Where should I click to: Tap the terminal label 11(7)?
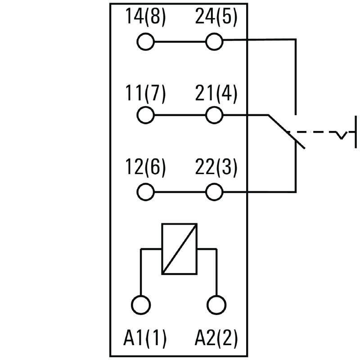pyautogui.click(x=145, y=94)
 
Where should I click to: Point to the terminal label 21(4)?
pyautogui.click(x=216, y=94)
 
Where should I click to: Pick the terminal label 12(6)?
pyautogui.click(x=145, y=168)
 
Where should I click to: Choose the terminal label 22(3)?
pyautogui.click(x=216, y=168)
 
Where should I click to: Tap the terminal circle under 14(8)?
pyautogui.click(x=145, y=43)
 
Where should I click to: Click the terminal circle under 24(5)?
pyautogui.click(x=214, y=43)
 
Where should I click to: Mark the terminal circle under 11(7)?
pyautogui.click(x=145, y=115)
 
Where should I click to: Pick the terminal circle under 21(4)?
pyautogui.click(x=214, y=115)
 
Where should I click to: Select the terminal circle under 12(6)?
pyautogui.click(x=145, y=193)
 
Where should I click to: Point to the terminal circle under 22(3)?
pyautogui.click(x=214, y=193)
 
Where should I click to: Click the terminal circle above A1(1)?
pyautogui.click(x=141, y=305)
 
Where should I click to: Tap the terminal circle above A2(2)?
pyautogui.click(x=216, y=305)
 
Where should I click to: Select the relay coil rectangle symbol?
pyautogui.click(x=179, y=249)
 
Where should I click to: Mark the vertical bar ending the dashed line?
pyautogui.click(x=356, y=131)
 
